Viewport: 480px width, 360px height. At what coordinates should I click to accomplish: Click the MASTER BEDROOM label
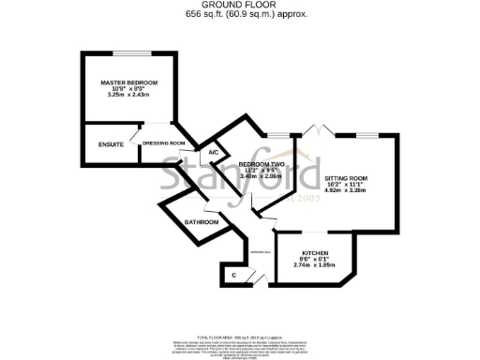tap(128, 84)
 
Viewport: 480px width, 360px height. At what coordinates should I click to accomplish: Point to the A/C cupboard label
tap(213, 153)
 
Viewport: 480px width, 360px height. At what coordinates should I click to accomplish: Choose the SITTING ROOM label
tap(345, 178)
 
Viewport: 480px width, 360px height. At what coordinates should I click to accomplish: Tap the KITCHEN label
tap(315, 253)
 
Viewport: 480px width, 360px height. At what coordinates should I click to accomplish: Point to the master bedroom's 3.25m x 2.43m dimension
tap(128, 96)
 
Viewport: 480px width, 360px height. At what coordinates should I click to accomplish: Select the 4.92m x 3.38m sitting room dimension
tap(345, 192)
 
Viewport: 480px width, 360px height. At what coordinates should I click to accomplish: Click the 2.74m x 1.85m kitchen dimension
tap(315, 265)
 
